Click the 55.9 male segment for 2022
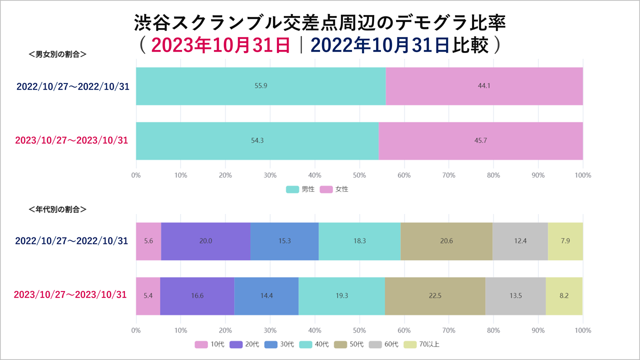(260, 86)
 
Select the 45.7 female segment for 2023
(480, 140)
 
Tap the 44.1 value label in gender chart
(484, 86)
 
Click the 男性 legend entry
(300, 189)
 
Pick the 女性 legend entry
(334, 189)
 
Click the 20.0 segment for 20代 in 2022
(205, 241)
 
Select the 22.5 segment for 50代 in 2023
(435, 295)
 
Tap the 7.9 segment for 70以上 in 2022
(565, 241)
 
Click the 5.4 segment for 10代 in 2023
(148, 295)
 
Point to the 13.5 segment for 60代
(515, 295)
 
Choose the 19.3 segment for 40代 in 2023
(341, 295)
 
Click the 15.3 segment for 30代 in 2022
(284, 241)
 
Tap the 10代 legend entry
(210, 344)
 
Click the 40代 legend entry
(314, 344)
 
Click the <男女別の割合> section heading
(58, 54)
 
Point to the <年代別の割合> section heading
(58, 209)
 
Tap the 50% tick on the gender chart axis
(359, 175)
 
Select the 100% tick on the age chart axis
(583, 330)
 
